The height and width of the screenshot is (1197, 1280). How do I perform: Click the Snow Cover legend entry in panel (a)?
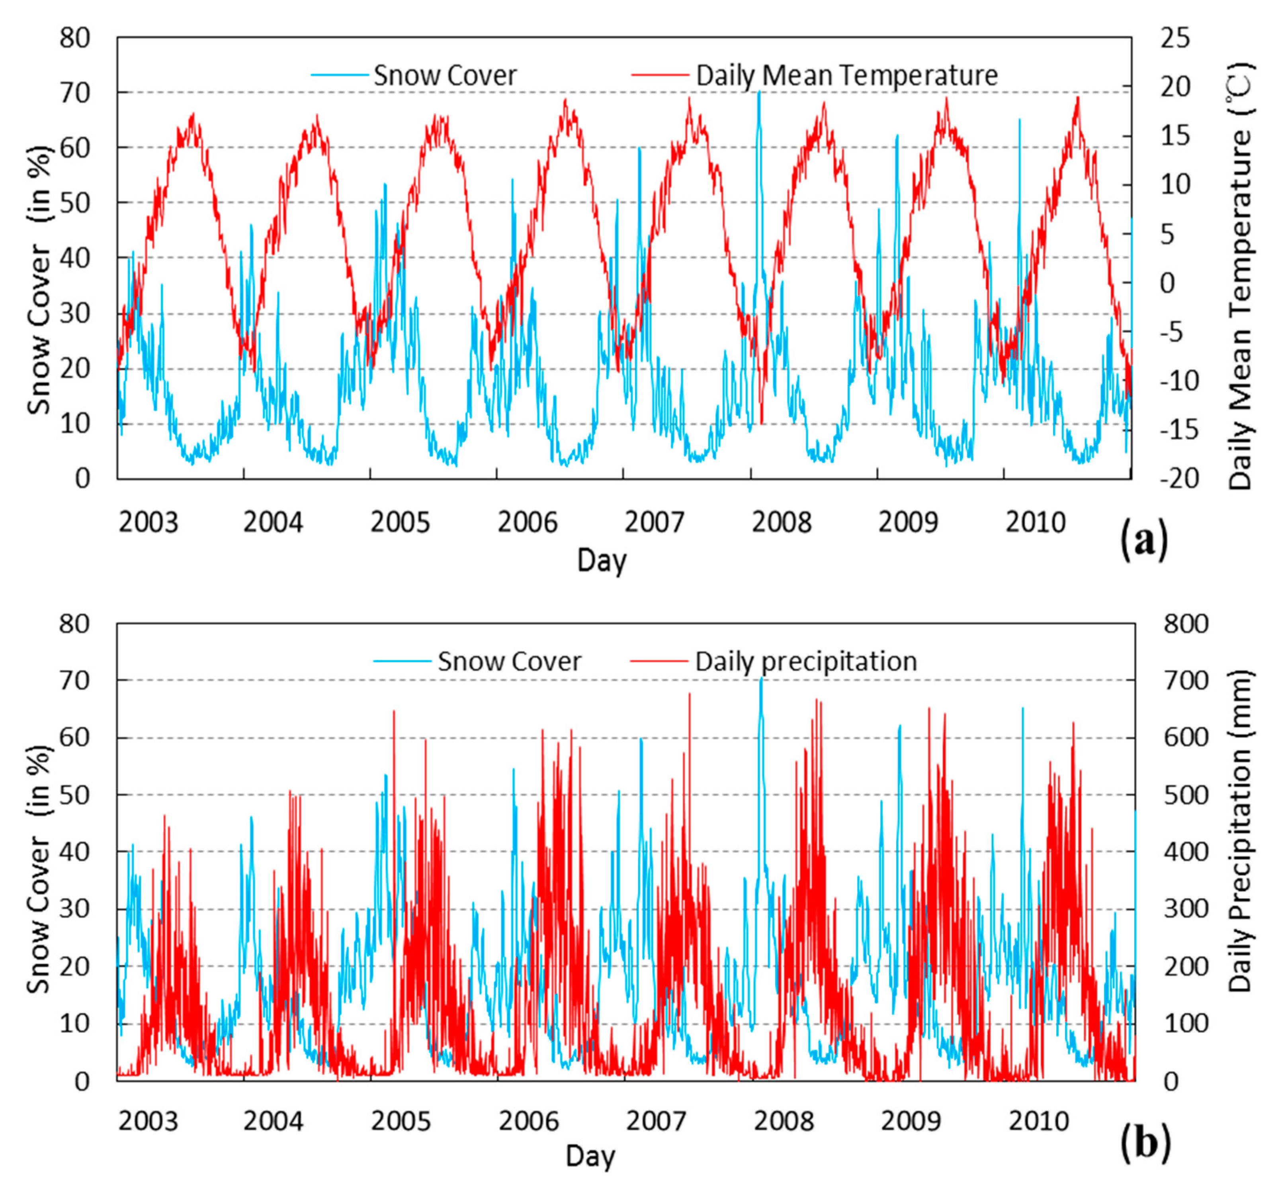click(x=444, y=75)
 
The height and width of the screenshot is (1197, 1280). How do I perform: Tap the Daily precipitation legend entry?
click(x=805, y=661)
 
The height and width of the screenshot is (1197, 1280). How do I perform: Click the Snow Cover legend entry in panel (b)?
click(x=509, y=661)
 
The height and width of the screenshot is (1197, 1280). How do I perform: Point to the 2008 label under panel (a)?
click(x=781, y=522)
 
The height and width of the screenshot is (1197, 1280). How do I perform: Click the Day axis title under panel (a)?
click(x=601, y=561)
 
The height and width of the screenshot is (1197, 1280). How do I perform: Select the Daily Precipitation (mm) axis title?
click(x=1239, y=831)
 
